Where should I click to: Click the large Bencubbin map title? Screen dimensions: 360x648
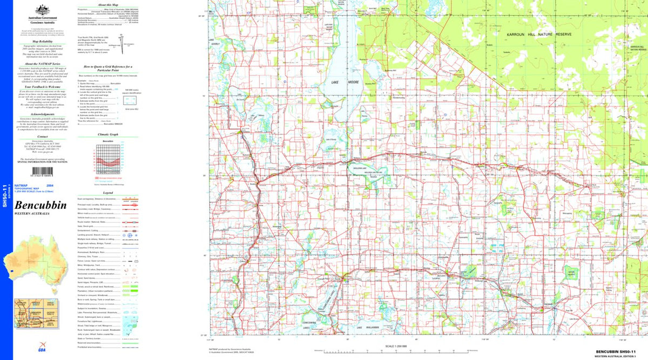40,206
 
